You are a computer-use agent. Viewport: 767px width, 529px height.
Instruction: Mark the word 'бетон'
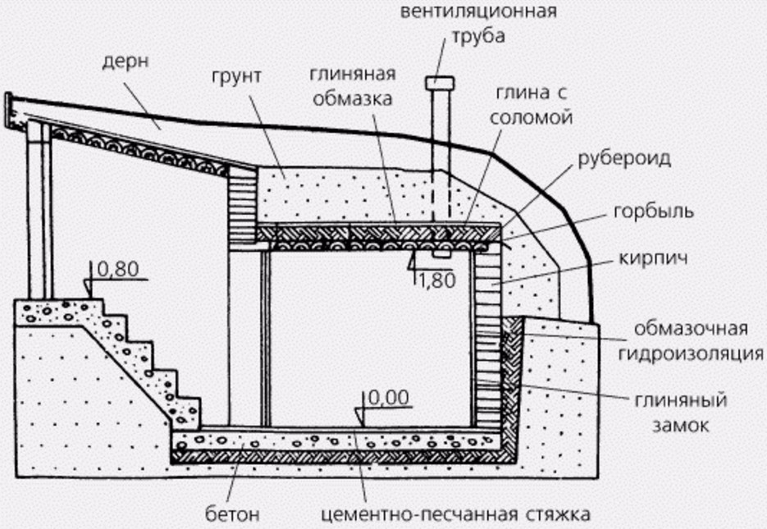coord(232,515)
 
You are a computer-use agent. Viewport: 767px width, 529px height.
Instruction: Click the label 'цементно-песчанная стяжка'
coord(455,515)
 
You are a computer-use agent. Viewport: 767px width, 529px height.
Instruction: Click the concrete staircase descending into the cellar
coord(135,353)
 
